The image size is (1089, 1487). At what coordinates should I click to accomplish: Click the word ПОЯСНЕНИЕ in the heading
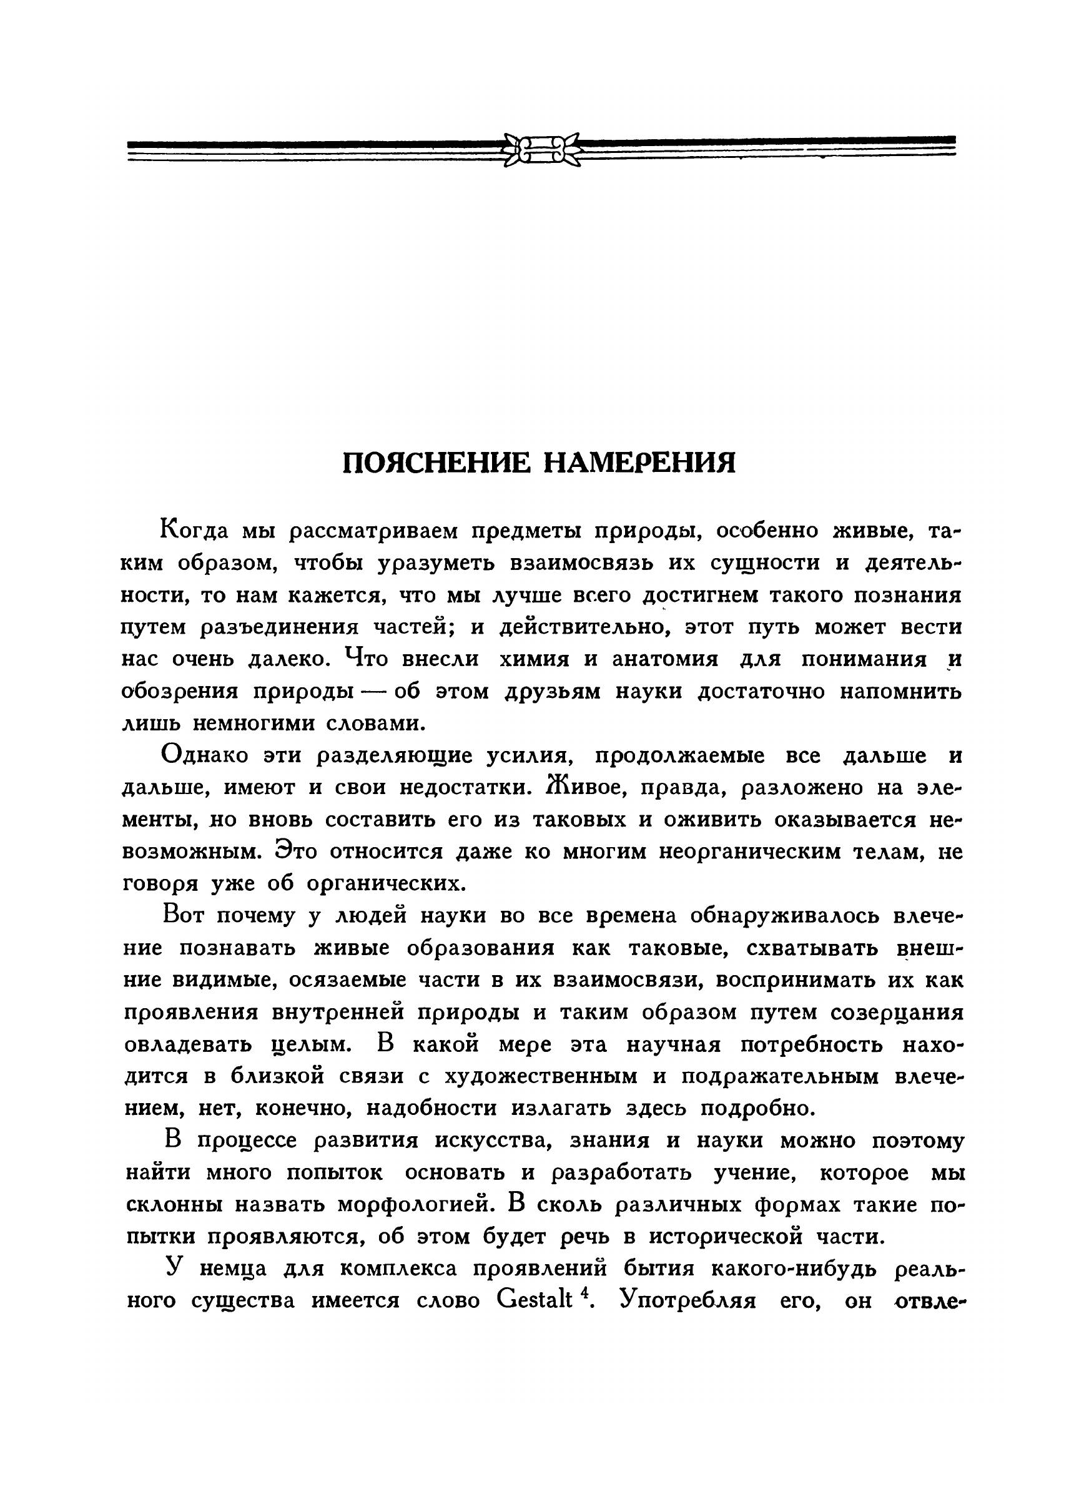tap(436, 463)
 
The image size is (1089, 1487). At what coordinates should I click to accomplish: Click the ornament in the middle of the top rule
tap(541, 150)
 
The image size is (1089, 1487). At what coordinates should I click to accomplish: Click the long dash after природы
tap(375, 692)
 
